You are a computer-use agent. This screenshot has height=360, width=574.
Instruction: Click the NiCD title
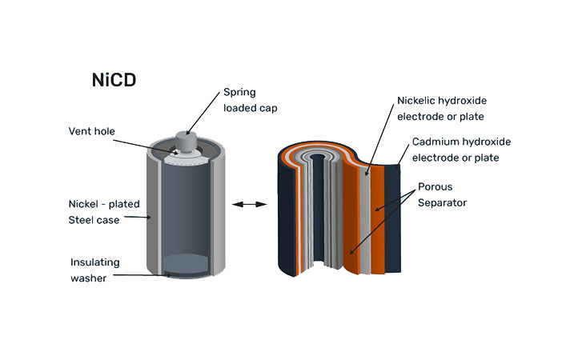(x=112, y=80)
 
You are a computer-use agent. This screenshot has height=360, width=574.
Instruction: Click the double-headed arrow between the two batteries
(x=248, y=206)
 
